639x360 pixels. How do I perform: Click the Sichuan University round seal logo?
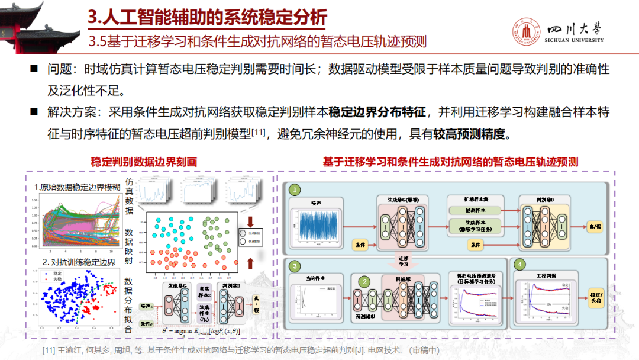(526, 32)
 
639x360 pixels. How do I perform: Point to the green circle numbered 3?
(295, 266)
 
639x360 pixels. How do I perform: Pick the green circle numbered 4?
(520, 264)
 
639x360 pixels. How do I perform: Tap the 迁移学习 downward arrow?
(402, 261)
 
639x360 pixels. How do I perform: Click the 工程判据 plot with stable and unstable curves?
(541, 298)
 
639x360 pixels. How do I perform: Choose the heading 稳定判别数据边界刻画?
(143, 162)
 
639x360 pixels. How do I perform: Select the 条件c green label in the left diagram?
(147, 323)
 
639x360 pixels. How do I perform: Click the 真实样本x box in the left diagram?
(203, 291)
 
